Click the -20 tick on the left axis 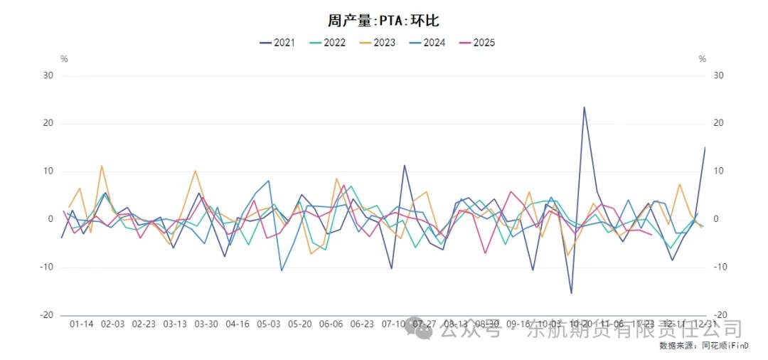point(48,315)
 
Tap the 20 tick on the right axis point(719,123)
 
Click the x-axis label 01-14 point(82,324)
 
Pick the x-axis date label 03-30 point(206,324)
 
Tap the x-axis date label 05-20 point(299,324)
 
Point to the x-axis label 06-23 point(362,324)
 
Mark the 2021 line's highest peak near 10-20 point(584,107)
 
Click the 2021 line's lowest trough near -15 point(571,293)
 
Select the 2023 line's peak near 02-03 point(102,166)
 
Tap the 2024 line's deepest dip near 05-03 point(282,270)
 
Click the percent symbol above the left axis point(64,59)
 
